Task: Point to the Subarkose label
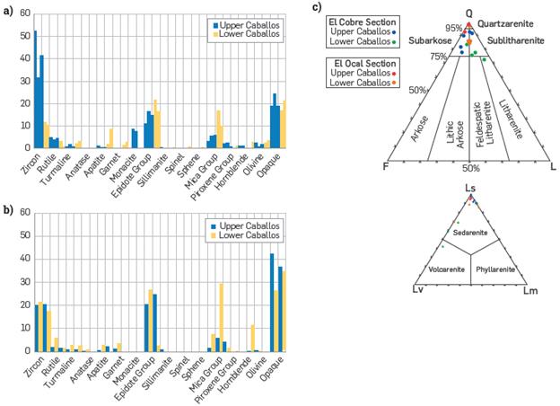[430, 41]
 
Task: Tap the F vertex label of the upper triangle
[385, 167]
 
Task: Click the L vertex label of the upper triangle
[554, 167]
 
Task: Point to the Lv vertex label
[416, 290]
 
